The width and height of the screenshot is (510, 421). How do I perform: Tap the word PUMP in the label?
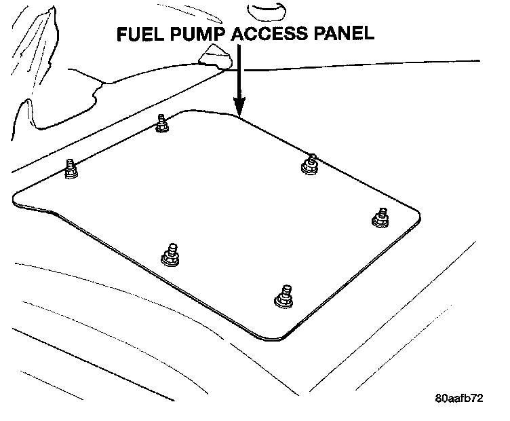tap(198, 33)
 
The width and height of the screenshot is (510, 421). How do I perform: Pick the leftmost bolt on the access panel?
tap(71, 169)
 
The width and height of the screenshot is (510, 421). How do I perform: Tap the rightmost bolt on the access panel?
tap(380, 217)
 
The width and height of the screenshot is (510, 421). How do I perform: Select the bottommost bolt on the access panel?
tap(281, 297)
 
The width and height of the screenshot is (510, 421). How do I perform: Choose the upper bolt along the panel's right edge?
tap(310, 164)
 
